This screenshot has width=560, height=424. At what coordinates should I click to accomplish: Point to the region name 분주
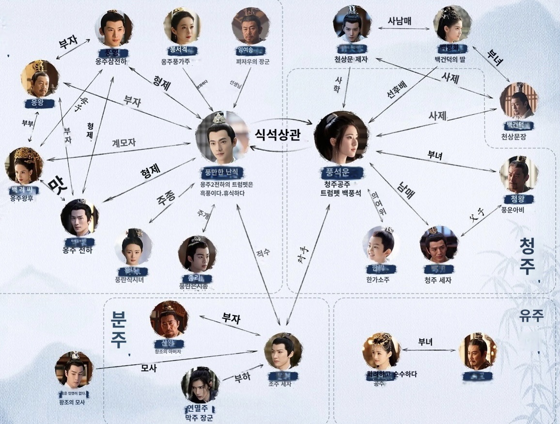118,330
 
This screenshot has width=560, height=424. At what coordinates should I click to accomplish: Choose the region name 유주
531,316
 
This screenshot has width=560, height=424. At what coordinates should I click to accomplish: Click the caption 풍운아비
517,210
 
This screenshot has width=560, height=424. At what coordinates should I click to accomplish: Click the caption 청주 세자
437,280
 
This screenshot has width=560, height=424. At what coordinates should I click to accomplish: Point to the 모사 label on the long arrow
149,368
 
